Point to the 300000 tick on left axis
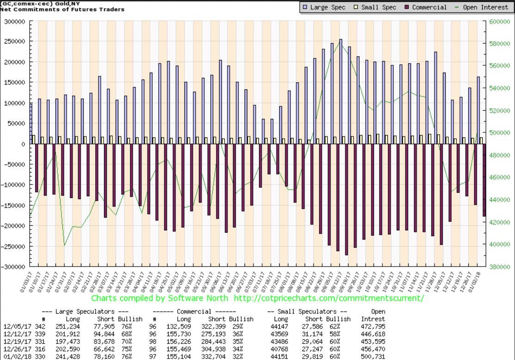[x=14, y=21]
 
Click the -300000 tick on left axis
[x=13, y=267]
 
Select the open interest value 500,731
[x=372, y=356]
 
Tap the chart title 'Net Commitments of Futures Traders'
[x=62, y=9]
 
